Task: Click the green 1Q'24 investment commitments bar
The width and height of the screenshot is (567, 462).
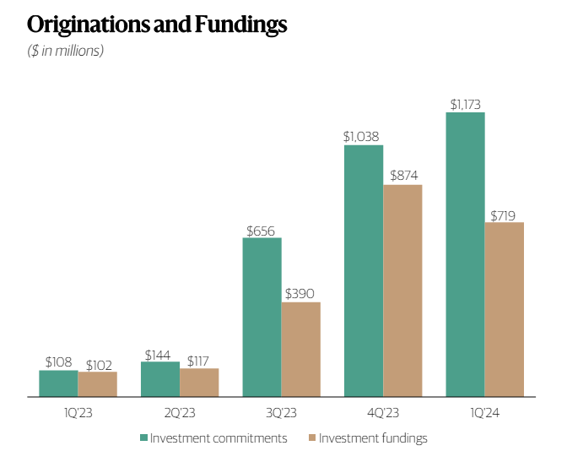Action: point(465,254)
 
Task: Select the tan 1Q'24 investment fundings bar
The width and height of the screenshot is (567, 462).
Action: point(504,309)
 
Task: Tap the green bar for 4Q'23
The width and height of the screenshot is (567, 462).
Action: point(363,270)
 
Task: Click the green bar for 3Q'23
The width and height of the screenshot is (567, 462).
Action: point(262,317)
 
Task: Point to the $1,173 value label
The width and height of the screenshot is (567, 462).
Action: point(465,105)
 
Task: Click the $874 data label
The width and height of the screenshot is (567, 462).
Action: point(402,176)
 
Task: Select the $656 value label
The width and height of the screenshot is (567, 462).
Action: point(262,230)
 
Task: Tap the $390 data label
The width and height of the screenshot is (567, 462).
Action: point(300,294)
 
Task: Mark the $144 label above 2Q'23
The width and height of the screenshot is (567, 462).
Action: point(160,355)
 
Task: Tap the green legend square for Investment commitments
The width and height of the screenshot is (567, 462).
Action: point(143,438)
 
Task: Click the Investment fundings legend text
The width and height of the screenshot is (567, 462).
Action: point(373,438)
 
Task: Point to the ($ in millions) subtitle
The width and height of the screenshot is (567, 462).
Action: point(66,52)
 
